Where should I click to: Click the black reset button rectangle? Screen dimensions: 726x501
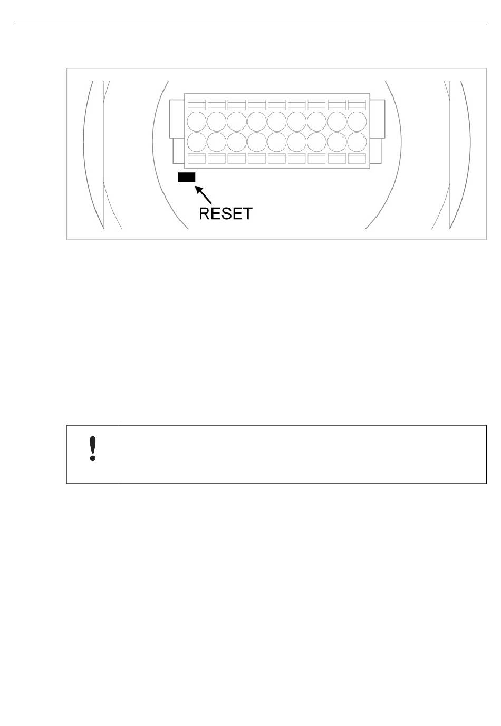[187, 178]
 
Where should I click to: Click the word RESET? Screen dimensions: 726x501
[225, 214]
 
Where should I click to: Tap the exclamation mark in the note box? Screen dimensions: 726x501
[93, 449]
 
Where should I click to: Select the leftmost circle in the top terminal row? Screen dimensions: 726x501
[197, 121]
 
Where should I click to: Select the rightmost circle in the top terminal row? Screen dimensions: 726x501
[357, 121]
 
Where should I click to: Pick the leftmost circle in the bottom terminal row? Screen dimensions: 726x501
[197, 142]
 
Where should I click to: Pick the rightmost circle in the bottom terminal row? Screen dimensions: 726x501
[357, 142]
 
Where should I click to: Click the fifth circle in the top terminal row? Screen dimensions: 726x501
[277, 121]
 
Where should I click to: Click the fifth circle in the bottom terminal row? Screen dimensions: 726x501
[277, 142]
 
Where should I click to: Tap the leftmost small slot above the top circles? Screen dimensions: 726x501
[197, 104]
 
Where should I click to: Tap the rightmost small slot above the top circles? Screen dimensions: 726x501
[357, 104]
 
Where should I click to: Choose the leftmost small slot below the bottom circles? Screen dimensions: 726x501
[197, 159]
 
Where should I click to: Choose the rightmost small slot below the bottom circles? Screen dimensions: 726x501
[357, 159]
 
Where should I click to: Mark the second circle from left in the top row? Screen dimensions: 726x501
[217, 121]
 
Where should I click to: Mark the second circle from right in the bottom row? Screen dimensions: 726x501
[337, 142]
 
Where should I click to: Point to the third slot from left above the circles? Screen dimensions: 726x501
[237, 104]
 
